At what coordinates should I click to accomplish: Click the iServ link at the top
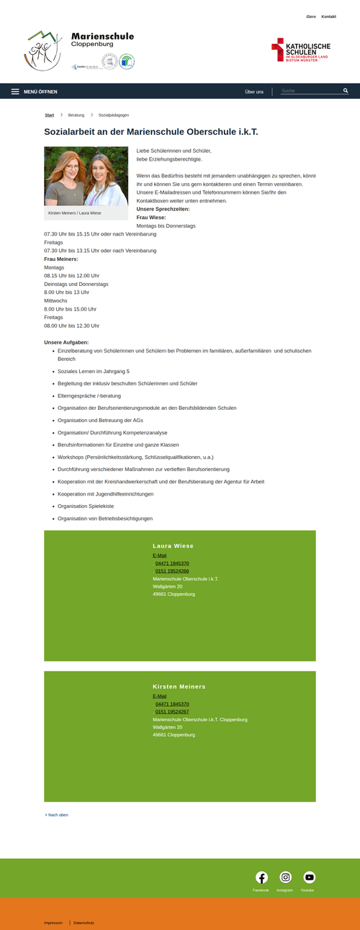pos(311,16)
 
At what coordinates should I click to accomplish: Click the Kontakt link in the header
pos(328,16)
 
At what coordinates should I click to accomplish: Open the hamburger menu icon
pos(15,91)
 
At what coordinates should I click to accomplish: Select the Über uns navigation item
pos(254,91)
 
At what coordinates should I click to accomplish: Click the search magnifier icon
pos(346,91)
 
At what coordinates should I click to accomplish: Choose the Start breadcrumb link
pos(49,115)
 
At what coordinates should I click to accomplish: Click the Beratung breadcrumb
pos(76,115)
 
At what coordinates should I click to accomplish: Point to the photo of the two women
pos(86,176)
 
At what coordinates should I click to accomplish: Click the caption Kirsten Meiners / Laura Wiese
pos(73,213)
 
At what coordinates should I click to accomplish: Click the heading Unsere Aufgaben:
pos(66,341)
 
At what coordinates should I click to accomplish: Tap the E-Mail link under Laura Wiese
pos(159,555)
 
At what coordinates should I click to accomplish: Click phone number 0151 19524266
pos(172,571)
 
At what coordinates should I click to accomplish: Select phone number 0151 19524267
pos(172,711)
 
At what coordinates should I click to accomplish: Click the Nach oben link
pos(58,815)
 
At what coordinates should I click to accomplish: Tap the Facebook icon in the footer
pos(261,877)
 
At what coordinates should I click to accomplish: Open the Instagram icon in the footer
pos(285,877)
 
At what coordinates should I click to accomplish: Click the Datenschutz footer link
pos(84,923)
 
